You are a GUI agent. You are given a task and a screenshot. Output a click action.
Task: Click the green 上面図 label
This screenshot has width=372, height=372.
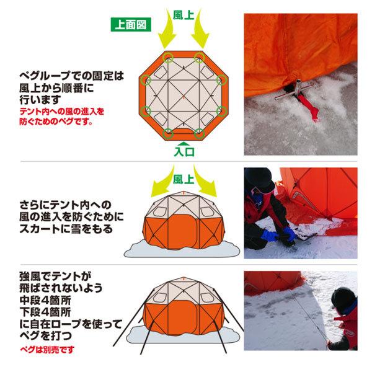pyautogui.click(x=130, y=25)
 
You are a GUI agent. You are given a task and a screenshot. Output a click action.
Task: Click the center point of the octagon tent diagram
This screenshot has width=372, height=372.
pyautogui.click(x=184, y=95)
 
